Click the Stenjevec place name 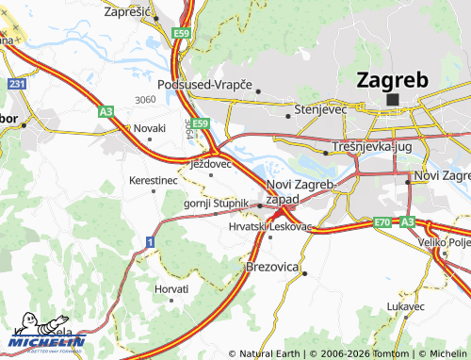(x=321, y=109)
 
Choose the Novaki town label (x=149, y=127)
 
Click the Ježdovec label (x=211, y=164)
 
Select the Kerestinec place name (x=153, y=179)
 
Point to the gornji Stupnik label (x=216, y=203)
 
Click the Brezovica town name (x=271, y=268)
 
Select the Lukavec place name (x=405, y=306)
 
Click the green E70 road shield (x=382, y=222)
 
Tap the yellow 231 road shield (x=17, y=85)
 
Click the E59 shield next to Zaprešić (x=182, y=34)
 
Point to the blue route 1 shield (x=149, y=243)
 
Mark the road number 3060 (x=145, y=99)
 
